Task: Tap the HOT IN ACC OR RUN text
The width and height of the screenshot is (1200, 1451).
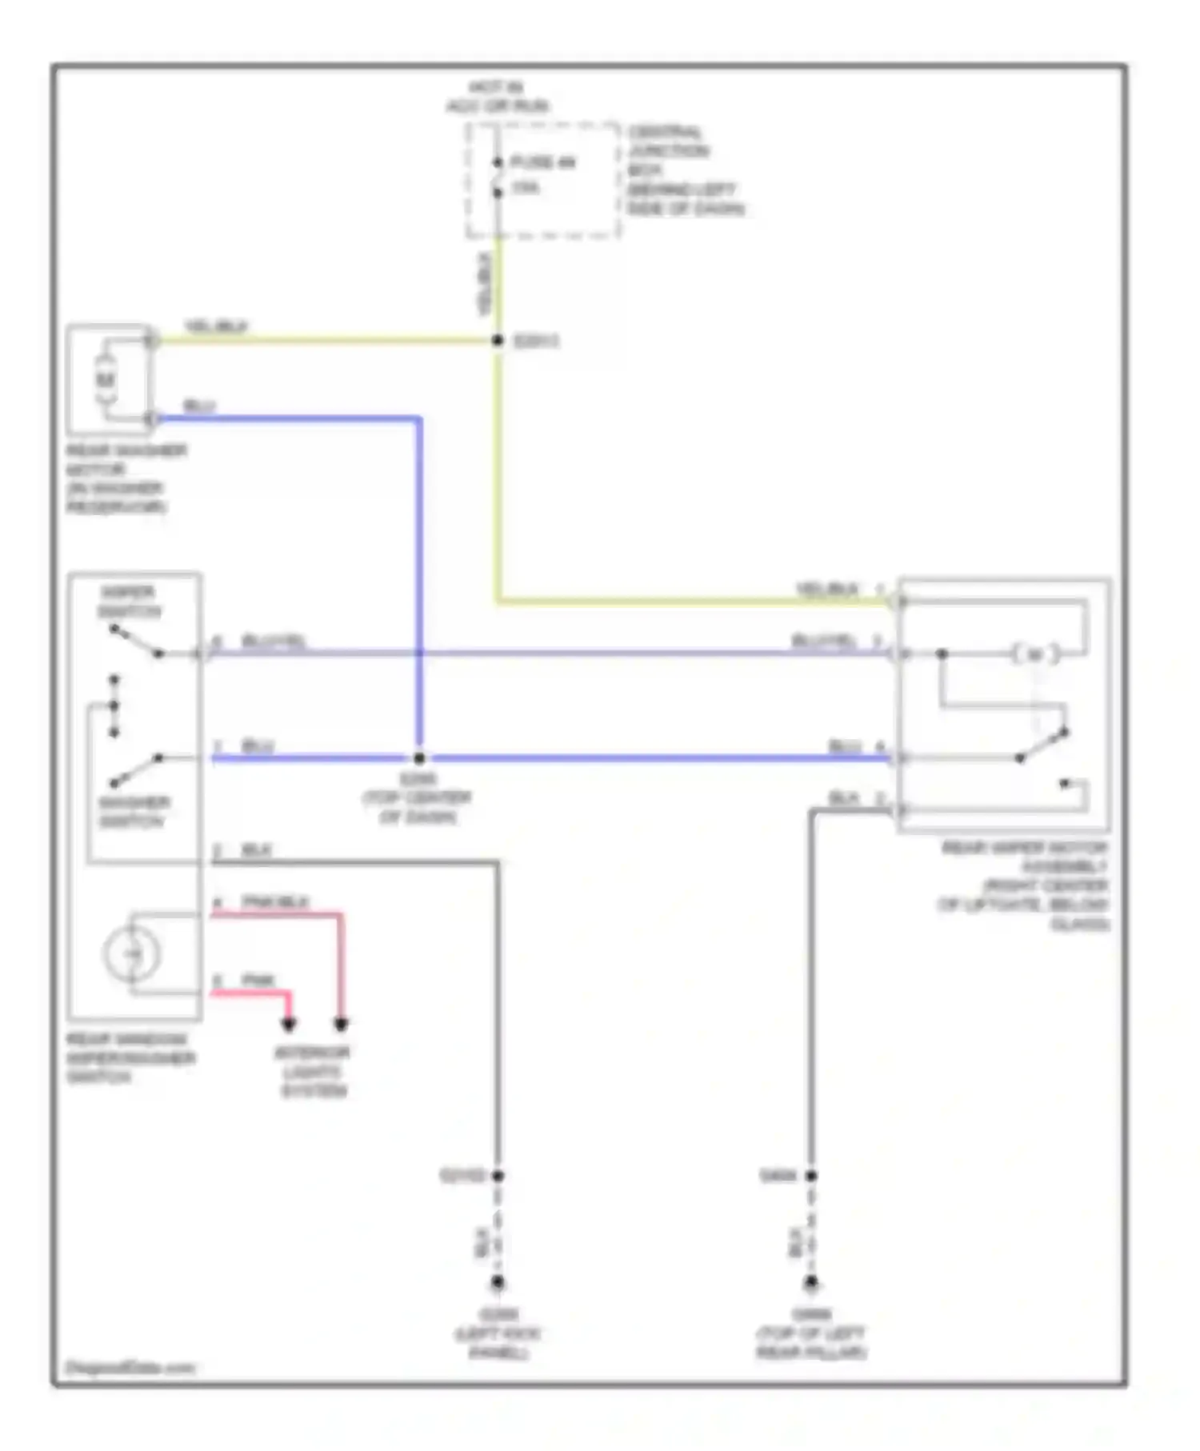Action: tap(498, 97)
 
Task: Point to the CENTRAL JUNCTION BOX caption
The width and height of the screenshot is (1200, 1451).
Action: tap(685, 170)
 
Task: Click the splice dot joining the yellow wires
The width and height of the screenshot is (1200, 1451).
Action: tap(498, 341)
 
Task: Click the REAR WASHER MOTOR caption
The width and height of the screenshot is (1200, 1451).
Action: tap(126, 478)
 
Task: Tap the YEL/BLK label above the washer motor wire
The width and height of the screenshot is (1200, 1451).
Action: tap(216, 326)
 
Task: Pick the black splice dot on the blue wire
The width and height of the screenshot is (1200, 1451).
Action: tap(418, 757)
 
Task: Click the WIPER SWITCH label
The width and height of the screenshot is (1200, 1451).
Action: tap(129, 602)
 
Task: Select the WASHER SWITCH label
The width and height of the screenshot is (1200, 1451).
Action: tap(134, 812)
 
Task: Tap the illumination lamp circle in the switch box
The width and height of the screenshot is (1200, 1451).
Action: tap(132, 953)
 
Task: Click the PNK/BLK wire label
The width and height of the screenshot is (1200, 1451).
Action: tap(275, 902)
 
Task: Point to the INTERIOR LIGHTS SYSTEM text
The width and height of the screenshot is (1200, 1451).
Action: tap(313, 1072)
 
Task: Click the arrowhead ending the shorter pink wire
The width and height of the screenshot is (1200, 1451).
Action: tap(289, 1024)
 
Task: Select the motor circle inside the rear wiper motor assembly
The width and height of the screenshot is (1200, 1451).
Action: tap(1035, 654)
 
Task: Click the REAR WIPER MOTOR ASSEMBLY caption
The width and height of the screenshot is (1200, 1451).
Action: tap(1025, 885)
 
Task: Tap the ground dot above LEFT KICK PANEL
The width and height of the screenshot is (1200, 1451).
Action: tap(498, 1283)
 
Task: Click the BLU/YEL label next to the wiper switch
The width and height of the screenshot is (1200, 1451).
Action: tap(274, 642)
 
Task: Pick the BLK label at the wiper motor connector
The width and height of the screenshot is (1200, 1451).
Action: tap(844, 798)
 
